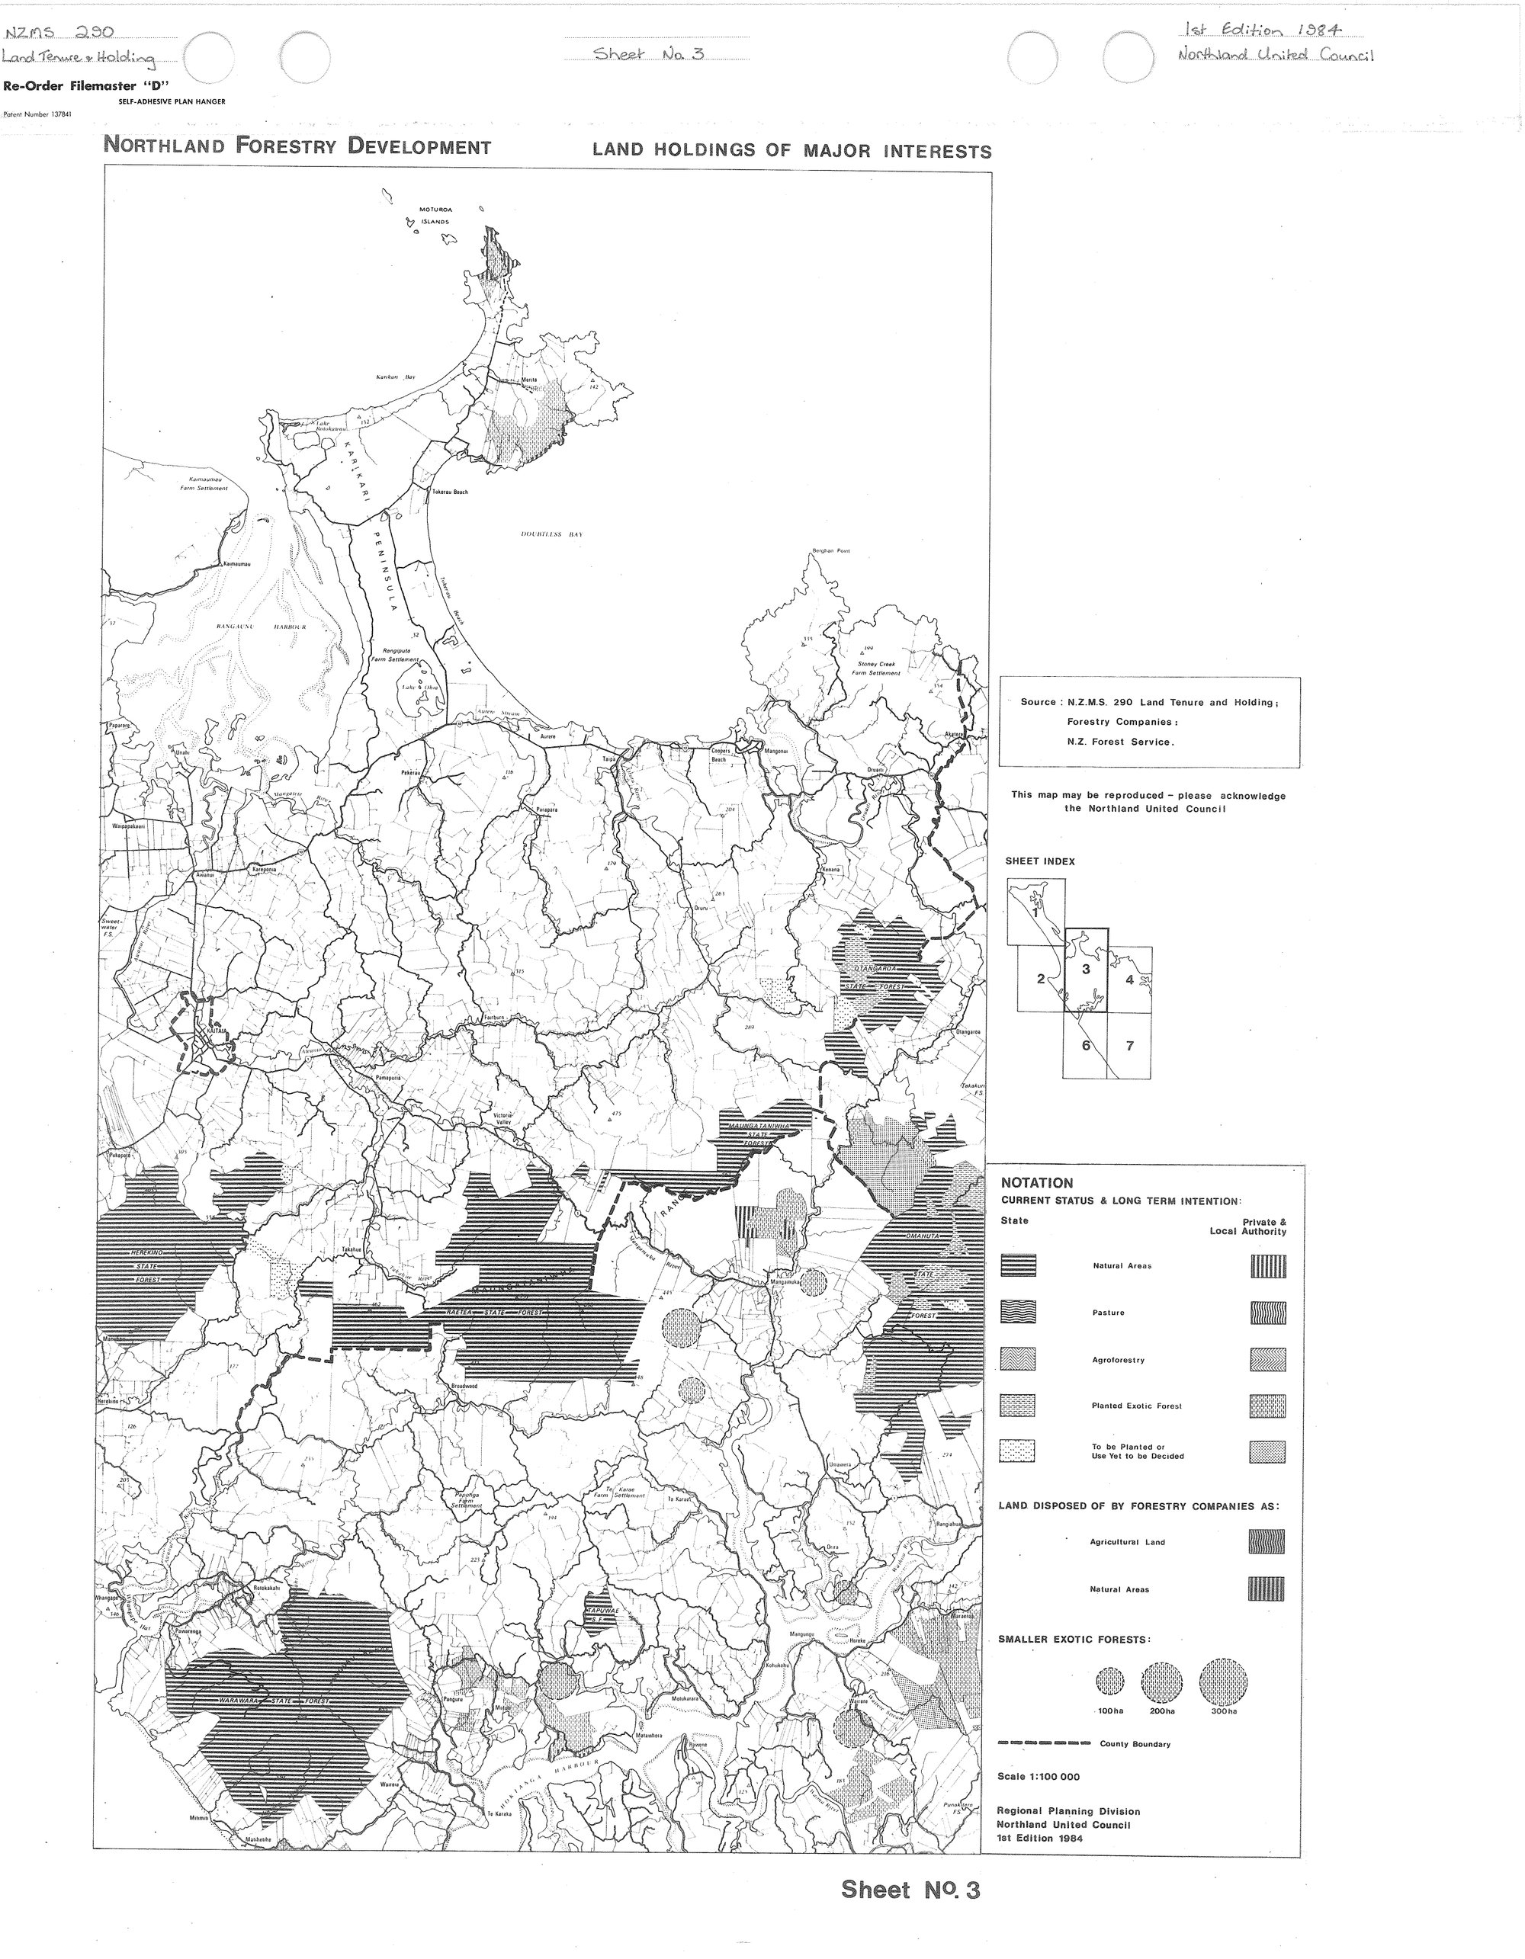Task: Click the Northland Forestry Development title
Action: pyautogui.click(x=298, y=146)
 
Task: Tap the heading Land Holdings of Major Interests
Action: pyautogui.click(x=791, y=151)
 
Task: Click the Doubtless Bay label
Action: pyautogui.click(x=553, y=534)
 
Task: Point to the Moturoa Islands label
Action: pyautogui.click(x=436, y=214)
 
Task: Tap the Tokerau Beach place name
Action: pyautogui.click(x=449, y=492)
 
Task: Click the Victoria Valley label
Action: pyautogui.click(x=502, y=1121)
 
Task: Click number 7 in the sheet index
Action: pyautogui.click(x=1129, y=1045)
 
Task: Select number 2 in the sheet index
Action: pyautogui.click(x=1041, y=978)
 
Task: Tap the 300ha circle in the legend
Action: pyautogui.click(x=1223, y=1682)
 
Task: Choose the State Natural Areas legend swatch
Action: pyautogui.click(x=1018, y=1265)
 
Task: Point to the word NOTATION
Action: pyautogui.click(x=1036, y=1183)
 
